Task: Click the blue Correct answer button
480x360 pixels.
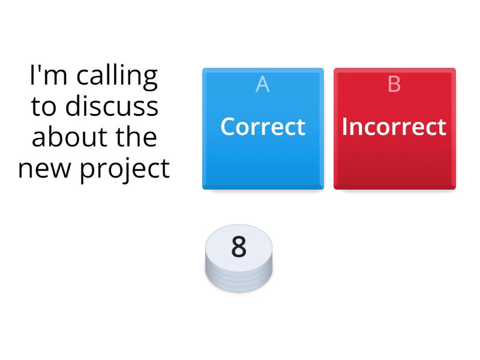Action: [263, 128]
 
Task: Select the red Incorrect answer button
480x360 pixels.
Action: [395, 128]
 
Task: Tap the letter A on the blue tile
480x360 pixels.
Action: [262, 84]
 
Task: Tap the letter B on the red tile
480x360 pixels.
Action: [394, 84]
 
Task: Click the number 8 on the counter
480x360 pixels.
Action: [239, 247]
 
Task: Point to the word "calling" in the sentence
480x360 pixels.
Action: [117, 77]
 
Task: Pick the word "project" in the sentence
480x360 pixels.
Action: [125, 170]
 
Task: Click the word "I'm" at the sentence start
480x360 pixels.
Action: [48, 74]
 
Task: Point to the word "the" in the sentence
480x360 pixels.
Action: [136, 137]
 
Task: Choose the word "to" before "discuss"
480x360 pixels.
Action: [43, 107]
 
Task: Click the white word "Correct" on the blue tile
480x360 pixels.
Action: [263, 127]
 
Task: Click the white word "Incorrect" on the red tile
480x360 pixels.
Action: [394, 127]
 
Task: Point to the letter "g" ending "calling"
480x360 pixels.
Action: [150, 80]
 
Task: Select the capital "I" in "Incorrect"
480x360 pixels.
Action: [344, 127]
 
